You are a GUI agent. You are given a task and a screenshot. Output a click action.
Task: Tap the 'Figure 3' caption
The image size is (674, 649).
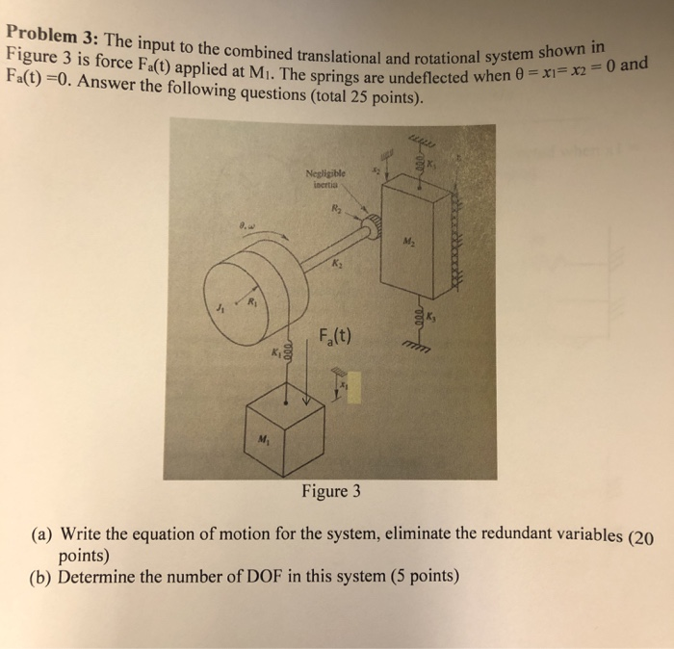click(330, 491)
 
